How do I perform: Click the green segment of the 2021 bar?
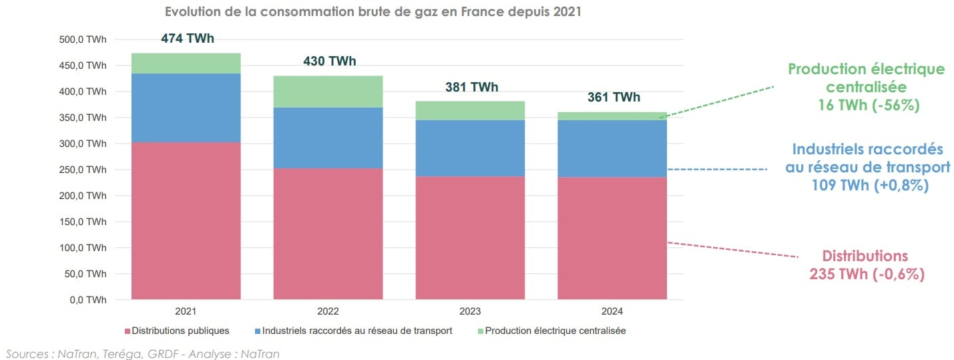186,63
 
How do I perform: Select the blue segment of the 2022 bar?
328,138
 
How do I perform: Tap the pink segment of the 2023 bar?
470,237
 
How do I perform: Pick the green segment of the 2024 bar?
612,116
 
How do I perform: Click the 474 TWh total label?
188,39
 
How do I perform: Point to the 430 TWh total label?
330,61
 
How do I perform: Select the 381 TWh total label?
471,87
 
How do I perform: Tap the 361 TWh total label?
614,98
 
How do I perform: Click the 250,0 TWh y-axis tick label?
82,170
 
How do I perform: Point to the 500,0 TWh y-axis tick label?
82,40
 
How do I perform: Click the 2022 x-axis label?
328,312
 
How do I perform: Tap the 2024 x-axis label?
612,312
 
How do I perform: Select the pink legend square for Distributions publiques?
127,331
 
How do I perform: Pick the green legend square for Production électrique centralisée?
480,331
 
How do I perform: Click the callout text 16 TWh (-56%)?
867,106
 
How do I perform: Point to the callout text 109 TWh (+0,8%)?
868,186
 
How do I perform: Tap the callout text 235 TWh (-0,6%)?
867,274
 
